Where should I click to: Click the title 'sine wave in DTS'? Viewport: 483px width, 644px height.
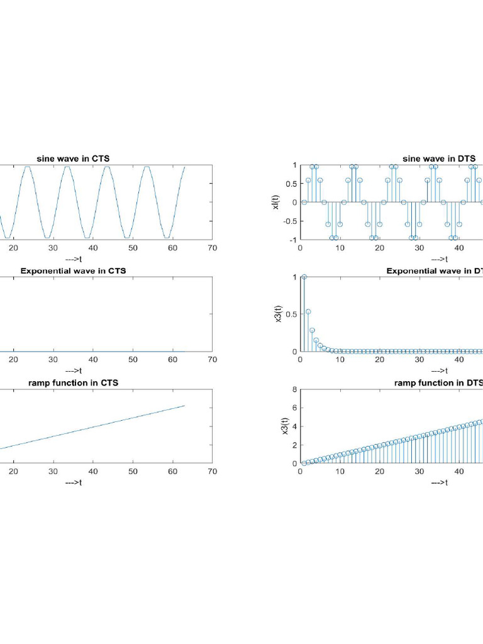point(438,158)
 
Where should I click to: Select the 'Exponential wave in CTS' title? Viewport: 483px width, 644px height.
point(73,271)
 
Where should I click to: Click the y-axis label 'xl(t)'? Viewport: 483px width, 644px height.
point(277,202)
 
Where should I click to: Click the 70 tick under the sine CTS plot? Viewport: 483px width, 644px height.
point(213,248)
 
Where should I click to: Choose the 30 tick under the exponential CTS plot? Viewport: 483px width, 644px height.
point(53,360)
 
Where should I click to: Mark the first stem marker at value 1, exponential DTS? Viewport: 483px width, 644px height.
point(304,277)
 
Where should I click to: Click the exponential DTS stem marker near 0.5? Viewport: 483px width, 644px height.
point(308,311)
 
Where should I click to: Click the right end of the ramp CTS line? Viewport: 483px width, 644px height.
point(184,406)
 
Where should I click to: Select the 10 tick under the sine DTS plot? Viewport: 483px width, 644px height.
point(340,248)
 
